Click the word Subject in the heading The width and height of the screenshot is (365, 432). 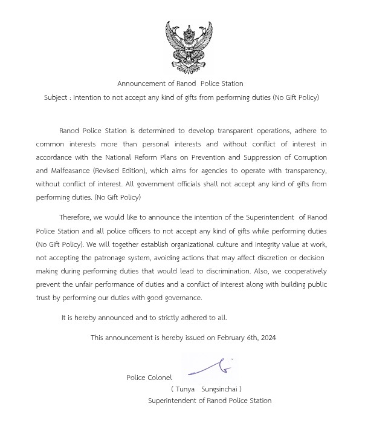[56, 97]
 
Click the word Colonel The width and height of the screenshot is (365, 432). [159, 378]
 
